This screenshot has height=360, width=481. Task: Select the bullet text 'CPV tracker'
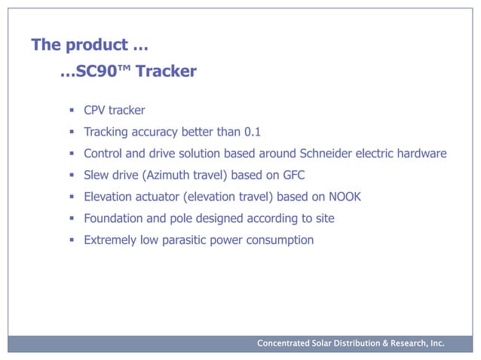pos(114,111)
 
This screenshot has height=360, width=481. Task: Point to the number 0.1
pos(253,133)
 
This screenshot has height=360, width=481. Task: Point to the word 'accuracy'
pos(153,133)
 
